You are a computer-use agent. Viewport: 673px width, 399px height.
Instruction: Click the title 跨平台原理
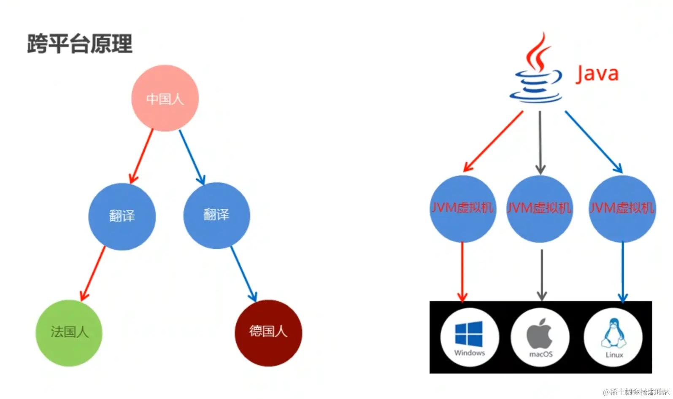pyautogui.click(x=80, y=44)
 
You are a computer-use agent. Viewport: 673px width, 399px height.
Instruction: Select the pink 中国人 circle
pyautogui.click(x=165, y=98)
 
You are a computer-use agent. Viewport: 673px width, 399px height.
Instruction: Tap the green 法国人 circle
pyautogui.click(x=69, y=333)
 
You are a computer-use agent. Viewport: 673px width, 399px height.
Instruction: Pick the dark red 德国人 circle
pyautogui.click(x=268, y=333)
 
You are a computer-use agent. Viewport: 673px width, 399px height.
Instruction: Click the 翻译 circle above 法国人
pyautogui.click(x=122, y=216)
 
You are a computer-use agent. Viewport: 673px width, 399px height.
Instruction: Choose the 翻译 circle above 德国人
pyautogui.click(x=216, y=215)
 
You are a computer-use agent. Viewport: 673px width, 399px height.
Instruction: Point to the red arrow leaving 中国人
pyautogui.click(x=142, y=156)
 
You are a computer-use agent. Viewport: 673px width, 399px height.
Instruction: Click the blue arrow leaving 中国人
pyautogui.click(x=192, y=157)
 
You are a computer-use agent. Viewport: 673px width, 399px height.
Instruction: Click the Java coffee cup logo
pyautogui.click(x=536, y=72)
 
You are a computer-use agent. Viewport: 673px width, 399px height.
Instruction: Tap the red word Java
pyautogui.click(x=597, y=74)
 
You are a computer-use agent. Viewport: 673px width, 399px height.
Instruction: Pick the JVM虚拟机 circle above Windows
pyautogui.click(x=462, y=209)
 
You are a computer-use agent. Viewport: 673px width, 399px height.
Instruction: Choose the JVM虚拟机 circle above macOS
pyautogui.click(x=539, y=209)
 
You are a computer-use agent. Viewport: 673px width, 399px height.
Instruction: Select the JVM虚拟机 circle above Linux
pyautogui.click(x=622, y=209)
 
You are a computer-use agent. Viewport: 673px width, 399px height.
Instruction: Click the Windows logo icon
pyautogui.click(x=469, y=334)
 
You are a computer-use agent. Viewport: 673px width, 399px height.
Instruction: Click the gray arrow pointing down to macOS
pyautogui.click(x=542, y=274)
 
